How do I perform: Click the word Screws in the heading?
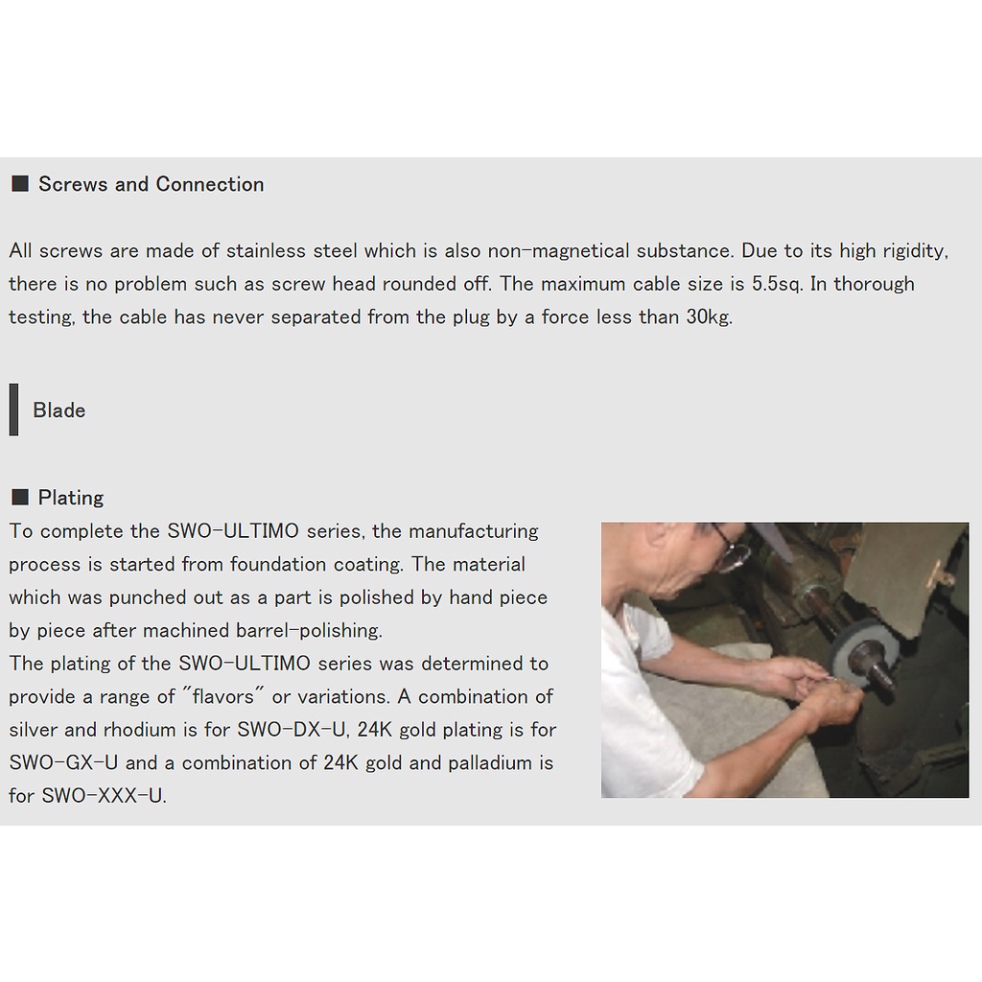click(x=73, y=184)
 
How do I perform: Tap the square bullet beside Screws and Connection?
click(x=20, y=183)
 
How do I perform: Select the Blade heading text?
click(x=58, y=410)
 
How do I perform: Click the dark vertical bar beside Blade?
click(x=13, y=409)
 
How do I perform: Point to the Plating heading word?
click(x=71, y=498)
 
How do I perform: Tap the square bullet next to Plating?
click(x=20, y=497)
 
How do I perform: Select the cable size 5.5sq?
click(x=777, y=284)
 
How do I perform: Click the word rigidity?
click(x=915, y=251)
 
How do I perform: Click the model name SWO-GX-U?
click(x=63, y=762)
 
